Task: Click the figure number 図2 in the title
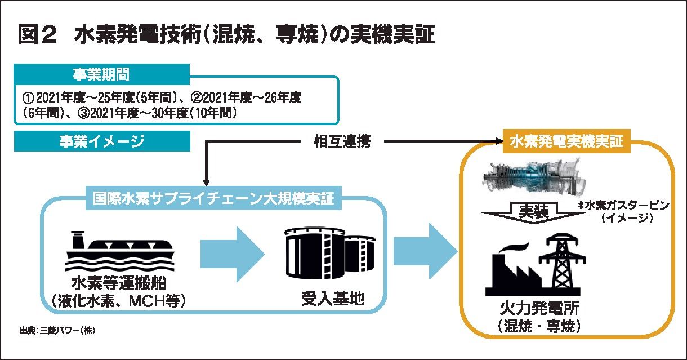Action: point(37,34)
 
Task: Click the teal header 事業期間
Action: point(101,73)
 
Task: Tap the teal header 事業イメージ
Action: point(101,141)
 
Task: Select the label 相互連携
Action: point(342,141)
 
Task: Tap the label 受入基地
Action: point(332,297)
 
